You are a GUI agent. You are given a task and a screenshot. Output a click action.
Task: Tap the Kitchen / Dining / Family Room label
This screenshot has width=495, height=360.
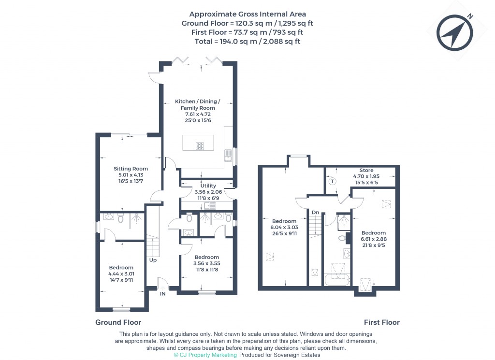[x=197, y=104]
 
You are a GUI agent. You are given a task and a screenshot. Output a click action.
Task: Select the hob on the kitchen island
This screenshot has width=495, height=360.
[x=200, y=145]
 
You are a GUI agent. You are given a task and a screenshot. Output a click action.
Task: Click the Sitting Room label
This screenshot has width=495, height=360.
[x=131, y=169]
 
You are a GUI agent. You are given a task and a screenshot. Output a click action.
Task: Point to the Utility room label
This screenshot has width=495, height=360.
[x=208, y=186]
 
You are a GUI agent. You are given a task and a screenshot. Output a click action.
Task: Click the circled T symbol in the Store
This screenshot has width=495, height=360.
[x=332, y=182]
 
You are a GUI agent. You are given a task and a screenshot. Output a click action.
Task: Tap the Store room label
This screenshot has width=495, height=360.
[x=366, y=170]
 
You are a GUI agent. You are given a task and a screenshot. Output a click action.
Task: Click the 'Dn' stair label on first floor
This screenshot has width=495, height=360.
[x=315, y=212]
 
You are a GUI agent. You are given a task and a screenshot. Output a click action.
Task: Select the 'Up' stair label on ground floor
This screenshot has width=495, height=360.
[x=153, y=260]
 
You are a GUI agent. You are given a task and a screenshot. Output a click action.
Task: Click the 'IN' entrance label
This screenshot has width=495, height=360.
[x=163, y=293]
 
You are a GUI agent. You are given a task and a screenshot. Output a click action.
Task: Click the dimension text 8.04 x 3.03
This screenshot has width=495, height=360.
[x=284, y=227]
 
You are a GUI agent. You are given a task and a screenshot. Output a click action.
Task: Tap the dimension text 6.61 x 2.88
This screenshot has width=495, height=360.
[x=373, y=239]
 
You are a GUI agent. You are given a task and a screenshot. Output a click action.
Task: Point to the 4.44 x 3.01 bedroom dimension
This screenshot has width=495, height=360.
[x=121, y=274]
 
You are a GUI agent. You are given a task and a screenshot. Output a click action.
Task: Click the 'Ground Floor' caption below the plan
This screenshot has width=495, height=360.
[x=118, y=322]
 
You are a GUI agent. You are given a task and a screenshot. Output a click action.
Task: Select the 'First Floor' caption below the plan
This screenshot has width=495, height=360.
[x=381, y=322]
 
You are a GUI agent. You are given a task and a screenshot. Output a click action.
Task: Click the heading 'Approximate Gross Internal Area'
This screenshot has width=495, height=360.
[x=247, y=14]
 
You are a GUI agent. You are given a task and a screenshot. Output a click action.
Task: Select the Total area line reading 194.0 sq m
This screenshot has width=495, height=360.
[x=247, y=42]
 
